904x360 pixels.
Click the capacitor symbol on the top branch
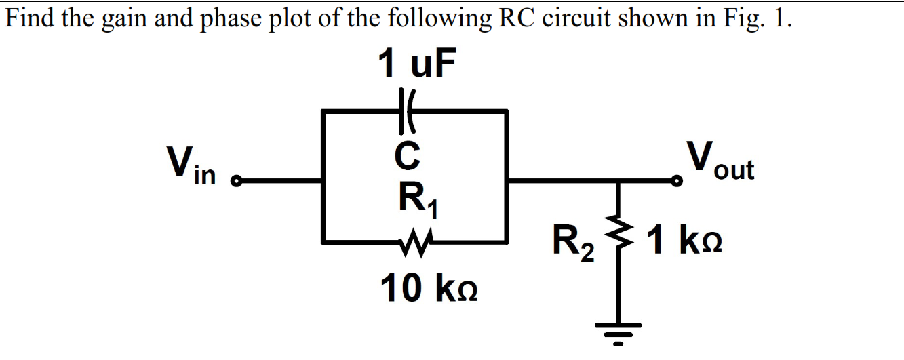pyautogui.click(x=408, y=111)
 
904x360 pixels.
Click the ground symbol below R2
pyautogui.click(x=618, y=333)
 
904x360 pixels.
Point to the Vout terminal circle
pyautogui.click(x=675, y=181)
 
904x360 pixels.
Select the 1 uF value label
pyautogui.click(x=416, y=64)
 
